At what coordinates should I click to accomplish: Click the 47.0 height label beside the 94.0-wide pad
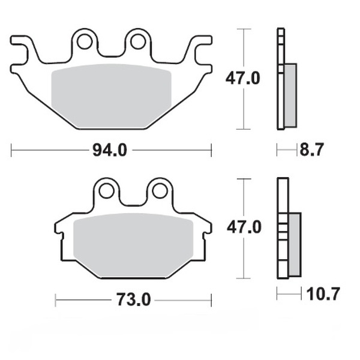coord(242,79)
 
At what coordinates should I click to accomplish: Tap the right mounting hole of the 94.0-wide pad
coord(137,41)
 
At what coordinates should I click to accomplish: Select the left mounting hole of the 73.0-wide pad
coord(107,191)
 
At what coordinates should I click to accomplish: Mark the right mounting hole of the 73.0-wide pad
coord(159,191)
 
